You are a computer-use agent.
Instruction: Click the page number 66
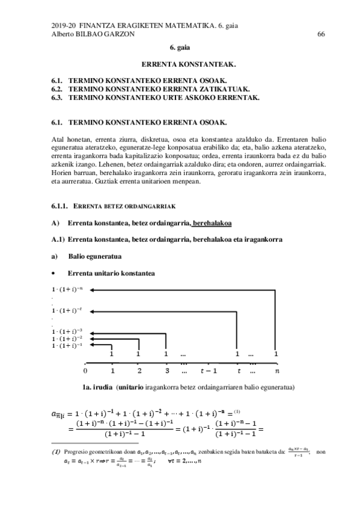[x=321, y=34]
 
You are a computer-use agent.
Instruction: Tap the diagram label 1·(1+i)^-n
[x=67, y=289]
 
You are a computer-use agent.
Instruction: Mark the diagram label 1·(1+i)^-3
[x=67, y=331]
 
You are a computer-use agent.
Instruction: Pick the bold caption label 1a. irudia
[x=98, y=387]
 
